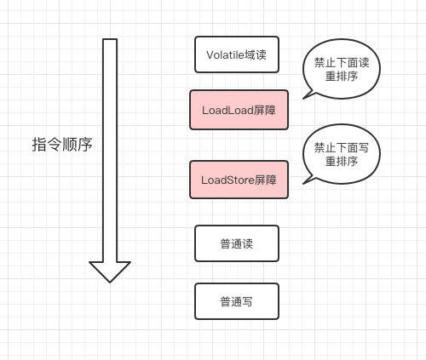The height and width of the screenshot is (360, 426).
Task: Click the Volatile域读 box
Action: point(236,54)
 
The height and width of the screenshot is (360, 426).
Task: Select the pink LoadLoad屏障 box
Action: point(239,110)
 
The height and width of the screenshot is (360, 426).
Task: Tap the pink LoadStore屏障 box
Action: point(239,180)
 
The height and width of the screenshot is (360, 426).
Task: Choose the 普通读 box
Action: point(236,243)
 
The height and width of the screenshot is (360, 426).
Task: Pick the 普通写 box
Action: point(236,301)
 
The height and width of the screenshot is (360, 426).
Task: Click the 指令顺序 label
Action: point(61,145)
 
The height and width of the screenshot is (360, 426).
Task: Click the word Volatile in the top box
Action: point(224,54)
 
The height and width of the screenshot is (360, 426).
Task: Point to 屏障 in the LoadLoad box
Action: point(264,110)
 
